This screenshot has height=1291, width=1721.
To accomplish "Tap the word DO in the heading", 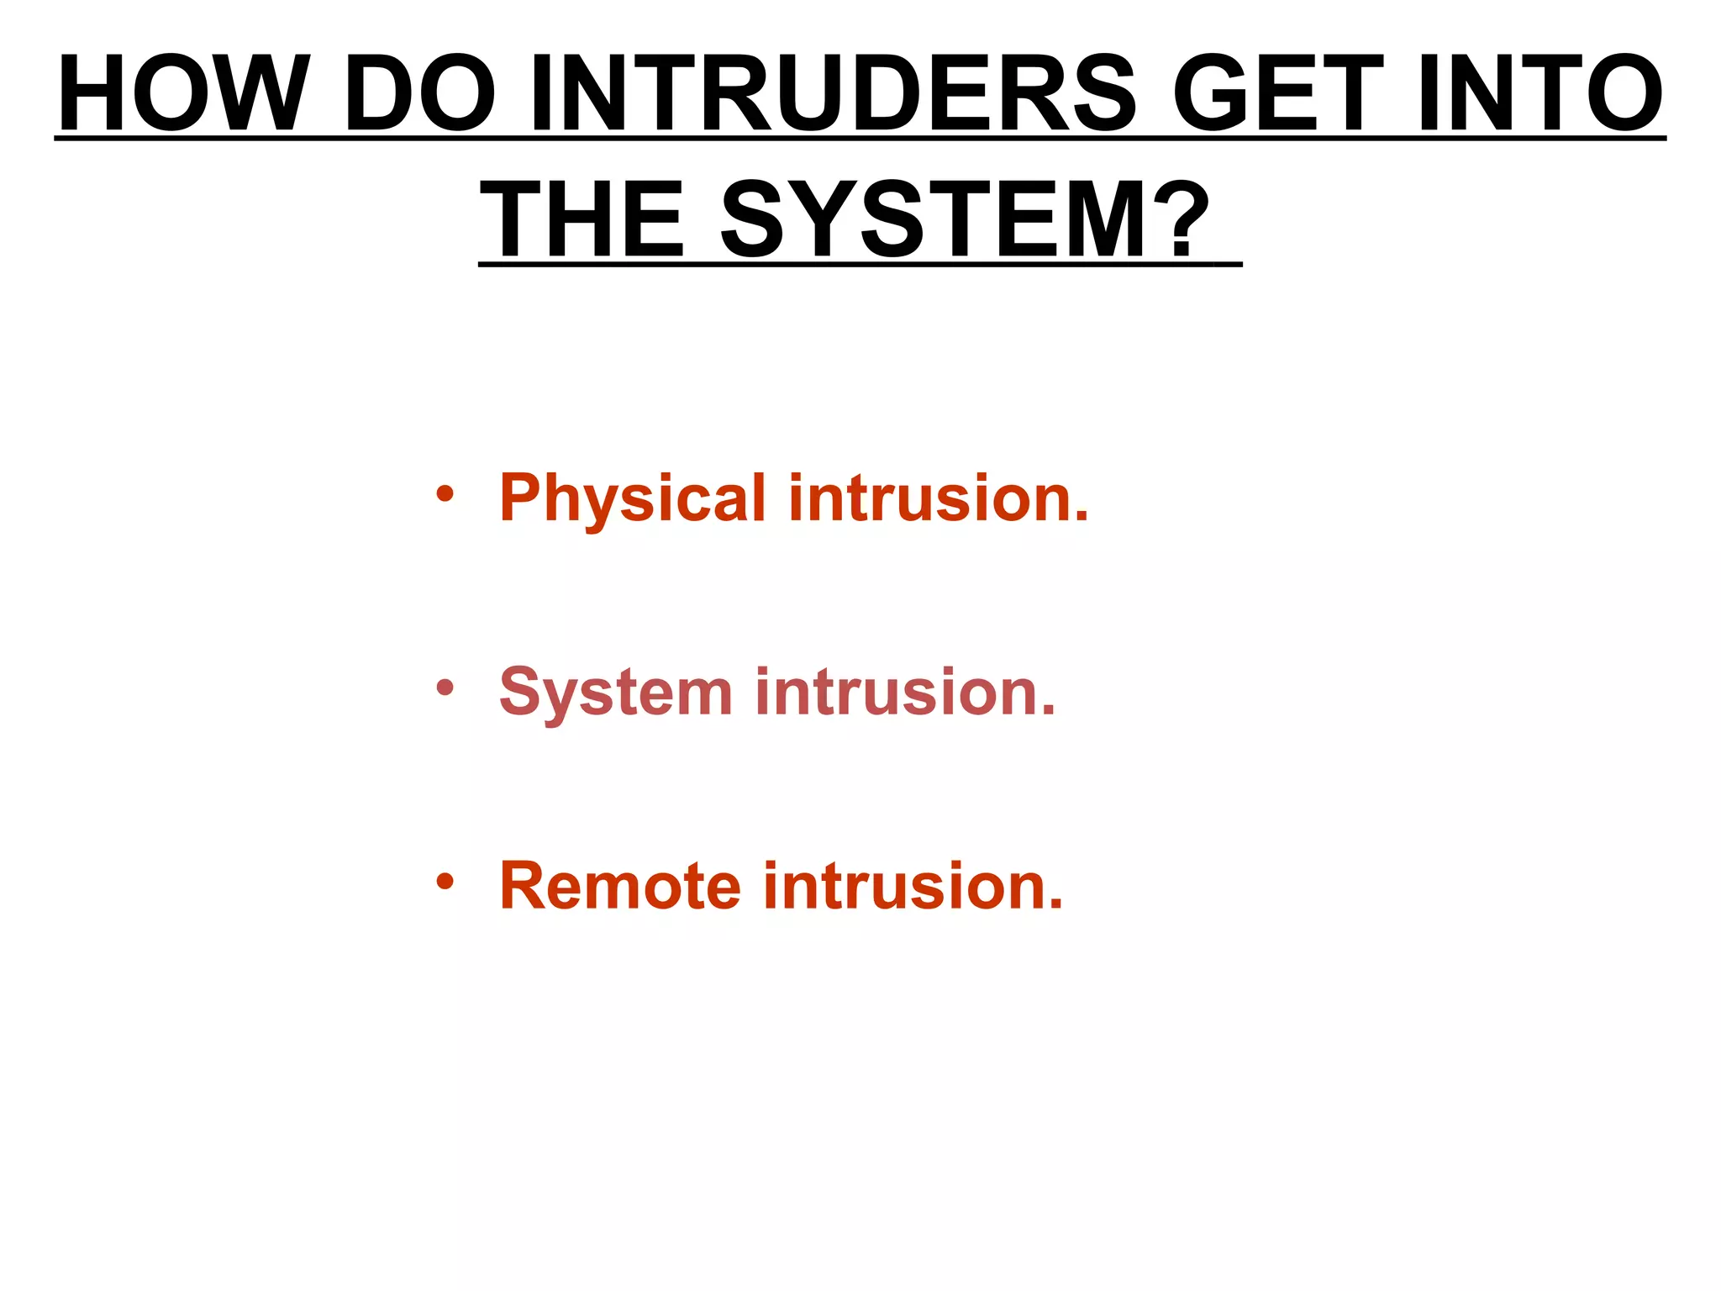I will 420,94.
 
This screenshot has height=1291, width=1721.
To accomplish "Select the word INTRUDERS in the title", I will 832,94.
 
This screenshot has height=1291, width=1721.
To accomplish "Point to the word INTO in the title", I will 1539,94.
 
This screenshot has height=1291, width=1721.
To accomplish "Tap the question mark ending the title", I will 1188,221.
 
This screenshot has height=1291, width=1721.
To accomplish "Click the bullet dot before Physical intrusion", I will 445,494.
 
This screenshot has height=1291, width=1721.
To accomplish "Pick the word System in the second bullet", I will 616,693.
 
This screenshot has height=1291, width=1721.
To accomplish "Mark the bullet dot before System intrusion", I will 445,689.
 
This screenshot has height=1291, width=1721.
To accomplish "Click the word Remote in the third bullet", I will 620,887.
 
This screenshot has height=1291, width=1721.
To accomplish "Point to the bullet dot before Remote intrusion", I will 445,883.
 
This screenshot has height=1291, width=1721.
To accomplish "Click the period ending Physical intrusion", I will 1081,519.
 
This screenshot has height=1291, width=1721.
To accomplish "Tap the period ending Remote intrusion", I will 1055,907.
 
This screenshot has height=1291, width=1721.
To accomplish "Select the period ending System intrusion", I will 1047,713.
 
